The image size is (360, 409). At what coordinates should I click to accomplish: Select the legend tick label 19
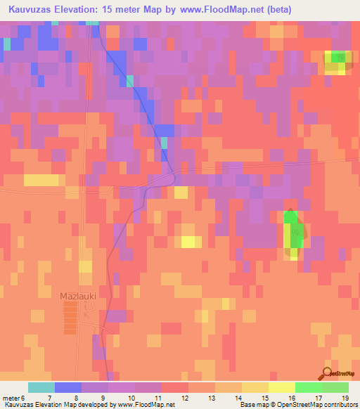click(345, 398)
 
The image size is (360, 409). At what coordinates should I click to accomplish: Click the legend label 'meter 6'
click(14, 398)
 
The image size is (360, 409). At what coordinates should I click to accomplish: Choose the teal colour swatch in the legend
click(41, 387)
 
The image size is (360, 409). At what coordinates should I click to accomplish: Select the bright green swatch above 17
click(308, 387)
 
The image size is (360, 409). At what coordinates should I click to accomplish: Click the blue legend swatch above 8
click(68, 387)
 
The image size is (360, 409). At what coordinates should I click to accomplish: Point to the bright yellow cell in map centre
click(188, 242)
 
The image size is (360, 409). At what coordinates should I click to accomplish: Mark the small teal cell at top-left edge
click(7, 44)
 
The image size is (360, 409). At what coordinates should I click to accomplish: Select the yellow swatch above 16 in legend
click(281, 387)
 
